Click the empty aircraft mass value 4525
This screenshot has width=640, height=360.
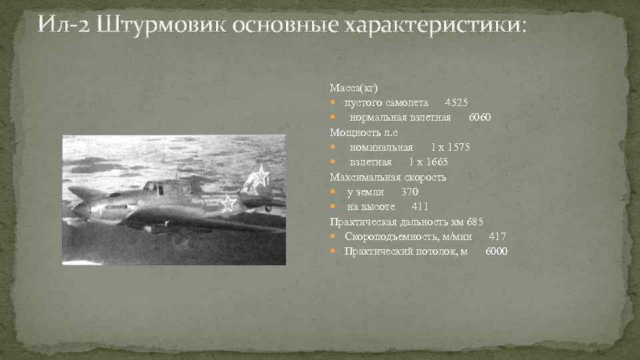[456, 103]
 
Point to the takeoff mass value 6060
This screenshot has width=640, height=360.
[479, 117]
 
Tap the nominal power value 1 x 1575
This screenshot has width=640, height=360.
[450, 147]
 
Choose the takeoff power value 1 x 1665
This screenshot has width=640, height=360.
[428, 162]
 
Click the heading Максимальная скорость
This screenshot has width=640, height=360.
[388, 177]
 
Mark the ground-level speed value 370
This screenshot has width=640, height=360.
[409, 192]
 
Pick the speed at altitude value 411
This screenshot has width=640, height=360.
[420, 207]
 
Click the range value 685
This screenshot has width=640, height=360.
[474, 221]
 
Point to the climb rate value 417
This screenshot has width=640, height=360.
[497, 236]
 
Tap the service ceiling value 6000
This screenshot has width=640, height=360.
[496, 251]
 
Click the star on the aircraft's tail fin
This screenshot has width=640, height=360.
[258, 177]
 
